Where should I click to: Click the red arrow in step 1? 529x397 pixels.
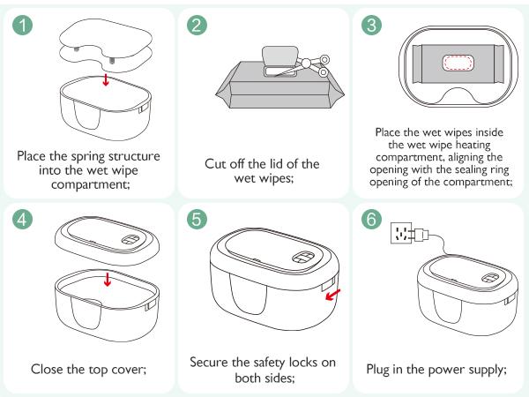coord(107,80)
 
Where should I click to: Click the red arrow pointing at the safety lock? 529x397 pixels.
coord(332,297)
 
